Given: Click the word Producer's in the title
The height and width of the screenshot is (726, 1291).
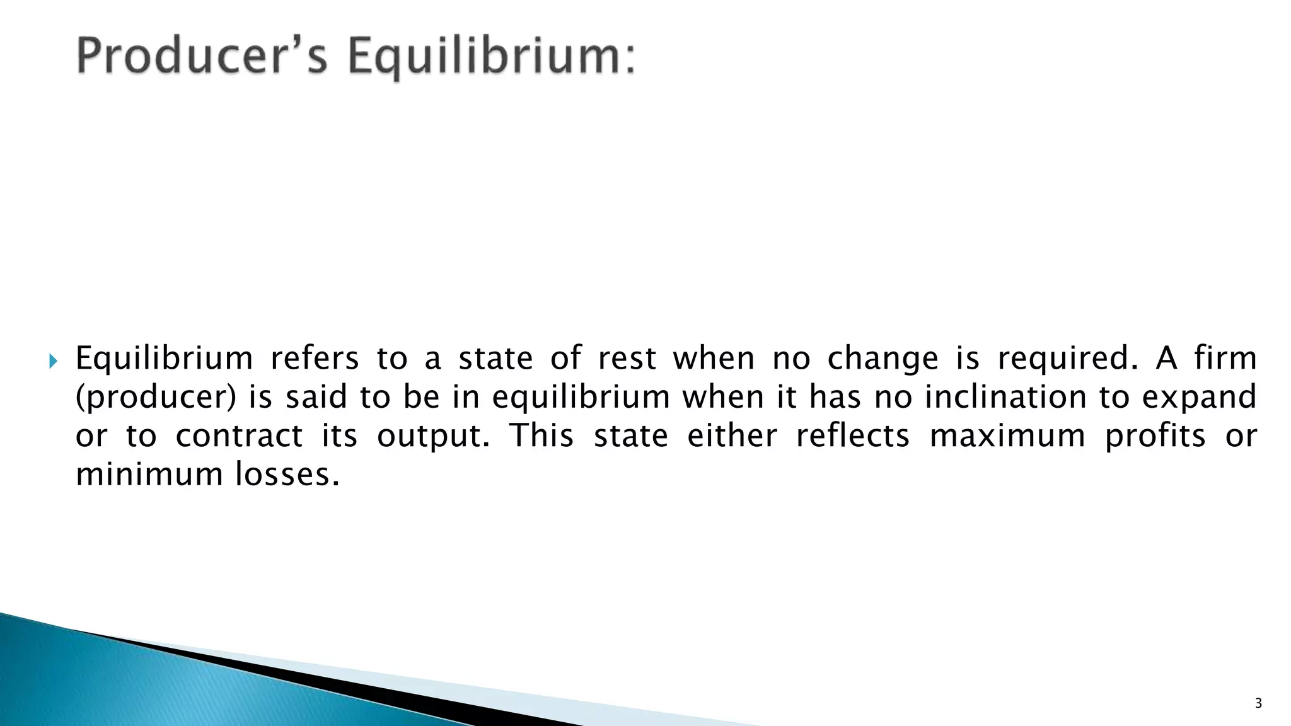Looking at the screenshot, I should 202,57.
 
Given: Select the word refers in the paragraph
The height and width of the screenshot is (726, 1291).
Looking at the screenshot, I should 315,359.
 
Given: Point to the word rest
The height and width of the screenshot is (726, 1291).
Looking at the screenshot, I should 627,359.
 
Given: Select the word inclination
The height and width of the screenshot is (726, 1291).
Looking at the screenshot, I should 1003,398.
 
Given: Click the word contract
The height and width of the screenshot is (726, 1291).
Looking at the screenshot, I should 239,436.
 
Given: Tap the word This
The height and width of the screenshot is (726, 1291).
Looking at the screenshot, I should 541,436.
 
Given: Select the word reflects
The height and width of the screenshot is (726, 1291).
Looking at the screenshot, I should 853,436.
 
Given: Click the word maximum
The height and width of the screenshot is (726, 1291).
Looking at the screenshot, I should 1007,436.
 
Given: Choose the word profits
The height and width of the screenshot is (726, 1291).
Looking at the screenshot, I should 1155,436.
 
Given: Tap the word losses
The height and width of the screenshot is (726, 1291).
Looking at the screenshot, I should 287,475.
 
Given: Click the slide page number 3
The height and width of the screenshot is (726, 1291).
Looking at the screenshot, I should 1258,704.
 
